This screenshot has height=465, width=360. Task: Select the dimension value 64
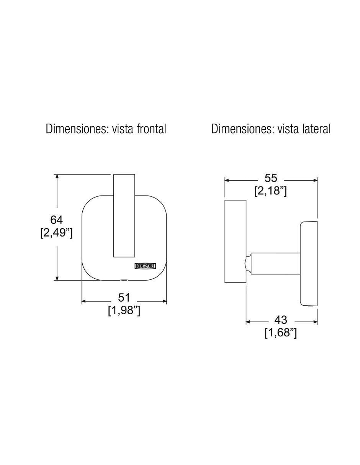[x=57, y=220]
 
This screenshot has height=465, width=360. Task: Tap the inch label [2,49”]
[x=57, y=233]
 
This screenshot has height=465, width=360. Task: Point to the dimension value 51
[x=124, y=298]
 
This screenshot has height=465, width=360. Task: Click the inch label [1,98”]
[x=124, y=310]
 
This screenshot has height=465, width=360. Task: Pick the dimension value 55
[x=271, y=178]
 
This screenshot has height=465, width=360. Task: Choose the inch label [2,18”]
[x=271, y=191]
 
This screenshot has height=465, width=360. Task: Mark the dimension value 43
[x=281, y=320]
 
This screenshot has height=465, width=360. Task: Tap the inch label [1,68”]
[x=281, y=333]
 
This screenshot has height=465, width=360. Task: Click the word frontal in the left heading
[x=151, y=129]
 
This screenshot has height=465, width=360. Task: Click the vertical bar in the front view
[x=124, y=216]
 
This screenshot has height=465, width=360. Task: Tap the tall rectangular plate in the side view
[x=235, y=241]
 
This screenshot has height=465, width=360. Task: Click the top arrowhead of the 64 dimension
[x=57, y=177]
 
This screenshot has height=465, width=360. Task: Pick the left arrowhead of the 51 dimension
[x=84, y=301]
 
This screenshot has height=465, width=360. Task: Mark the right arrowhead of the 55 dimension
[x=315, y=180]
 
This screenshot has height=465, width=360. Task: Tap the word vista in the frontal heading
[x=123, y=129]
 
